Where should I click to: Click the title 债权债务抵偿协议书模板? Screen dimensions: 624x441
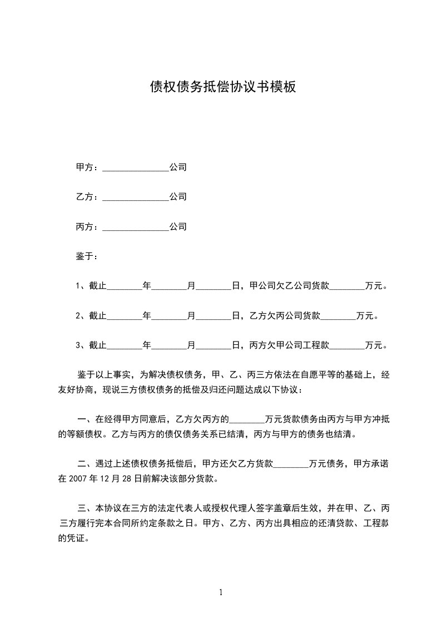click(223, 87)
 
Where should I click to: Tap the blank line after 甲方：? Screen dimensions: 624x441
click(136, 167)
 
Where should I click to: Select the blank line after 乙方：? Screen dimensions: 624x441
click(136, 197)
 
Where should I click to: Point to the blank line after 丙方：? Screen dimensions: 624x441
click(136, 227)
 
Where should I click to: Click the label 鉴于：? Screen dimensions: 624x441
click(87, 257)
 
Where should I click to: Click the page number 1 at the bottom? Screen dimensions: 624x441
click(221, 592)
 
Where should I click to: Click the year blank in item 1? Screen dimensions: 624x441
click(125, 287)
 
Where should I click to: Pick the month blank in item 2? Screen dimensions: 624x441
click(170, 317)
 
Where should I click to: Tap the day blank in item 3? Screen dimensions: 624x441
click(214, 346)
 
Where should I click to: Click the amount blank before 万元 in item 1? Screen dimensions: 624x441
click(348, 287)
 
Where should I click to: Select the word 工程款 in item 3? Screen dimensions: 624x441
click(316, 346)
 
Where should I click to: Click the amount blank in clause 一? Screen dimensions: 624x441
click(247, 419)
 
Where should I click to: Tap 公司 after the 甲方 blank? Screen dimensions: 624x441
click(178, 167)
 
